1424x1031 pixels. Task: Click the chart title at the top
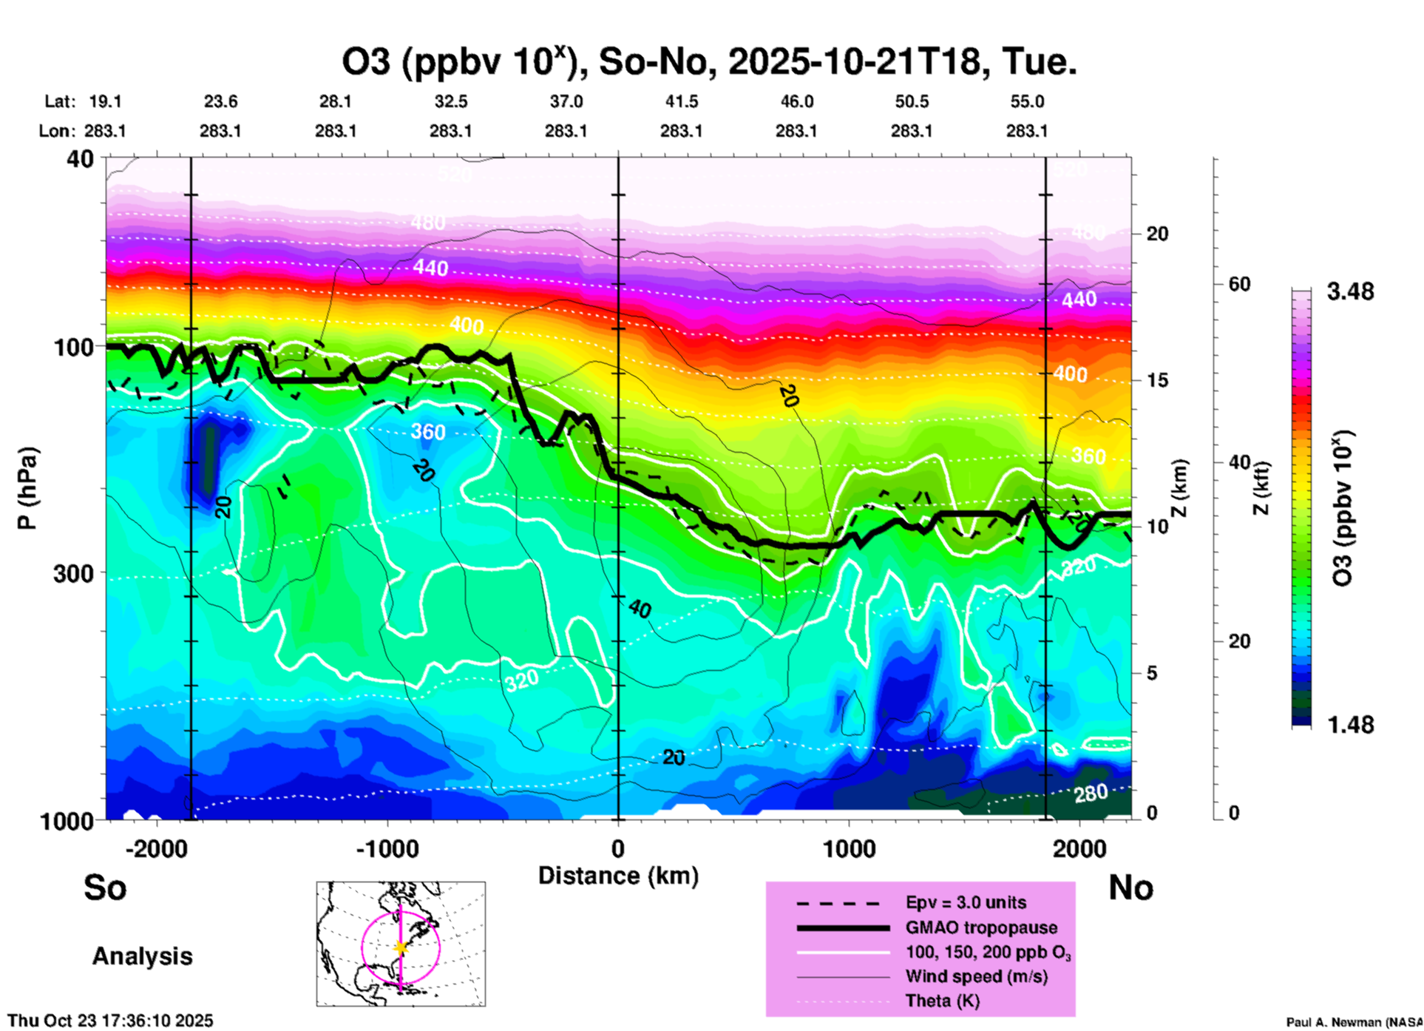click(708, 61)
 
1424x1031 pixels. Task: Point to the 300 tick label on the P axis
click(75, 573)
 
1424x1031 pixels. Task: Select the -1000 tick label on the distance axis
click(387, 849)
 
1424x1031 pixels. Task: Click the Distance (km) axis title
click(618, 876)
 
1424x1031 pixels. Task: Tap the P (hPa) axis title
click(27, 488)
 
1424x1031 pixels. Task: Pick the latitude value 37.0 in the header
click(566, 101)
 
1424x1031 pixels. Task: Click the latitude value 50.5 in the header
click(911, 101)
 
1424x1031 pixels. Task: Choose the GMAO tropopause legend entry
click(981, 927)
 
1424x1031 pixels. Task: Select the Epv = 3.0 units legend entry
click(966, 902)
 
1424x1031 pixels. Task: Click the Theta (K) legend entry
click(942, 1001)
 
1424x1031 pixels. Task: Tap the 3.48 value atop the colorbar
click(1350, 292)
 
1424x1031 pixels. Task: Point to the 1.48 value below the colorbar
click(1350, 725)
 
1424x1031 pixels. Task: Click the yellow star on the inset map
click(401, 947)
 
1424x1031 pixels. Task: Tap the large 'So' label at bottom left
click(105, 888)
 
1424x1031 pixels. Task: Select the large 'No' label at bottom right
click(1130, 888)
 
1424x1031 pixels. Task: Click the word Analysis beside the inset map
click(142, 956)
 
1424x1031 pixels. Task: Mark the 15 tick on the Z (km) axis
click(1157, 380)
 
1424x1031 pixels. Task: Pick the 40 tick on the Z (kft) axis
click(1239, 462)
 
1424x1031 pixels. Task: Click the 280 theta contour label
click(1091, 794)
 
